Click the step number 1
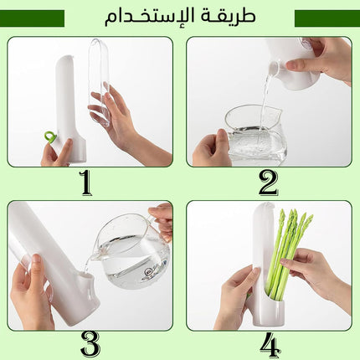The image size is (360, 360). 85,183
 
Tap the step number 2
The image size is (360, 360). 268,183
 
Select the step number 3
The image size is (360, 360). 90,344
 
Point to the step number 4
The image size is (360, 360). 270,345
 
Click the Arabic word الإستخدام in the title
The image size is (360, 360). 147,16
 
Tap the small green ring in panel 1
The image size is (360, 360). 50,137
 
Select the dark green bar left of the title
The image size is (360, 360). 32,18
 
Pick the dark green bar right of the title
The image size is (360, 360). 327,18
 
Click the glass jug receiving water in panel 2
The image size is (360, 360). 256,135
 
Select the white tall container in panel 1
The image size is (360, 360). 69,108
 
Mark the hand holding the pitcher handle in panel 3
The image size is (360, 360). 161,220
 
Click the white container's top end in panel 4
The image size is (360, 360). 264,208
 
